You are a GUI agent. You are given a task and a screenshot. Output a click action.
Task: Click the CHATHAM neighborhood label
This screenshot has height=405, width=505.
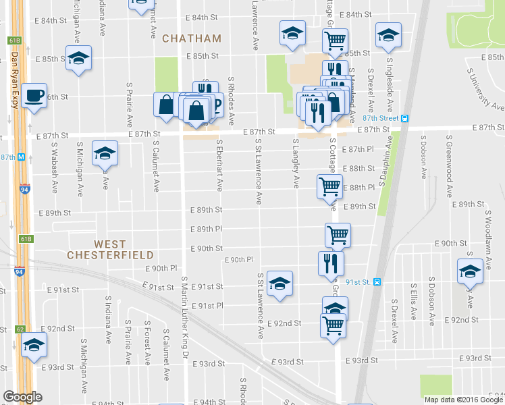[x=192, y=38]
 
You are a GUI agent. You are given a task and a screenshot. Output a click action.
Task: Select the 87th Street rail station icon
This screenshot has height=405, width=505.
[x=404, y=118]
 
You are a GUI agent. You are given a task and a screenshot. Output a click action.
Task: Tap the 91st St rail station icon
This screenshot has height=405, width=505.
[x=377, y=282]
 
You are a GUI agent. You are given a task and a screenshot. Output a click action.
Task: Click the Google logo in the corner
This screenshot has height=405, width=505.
[x=22, y=397]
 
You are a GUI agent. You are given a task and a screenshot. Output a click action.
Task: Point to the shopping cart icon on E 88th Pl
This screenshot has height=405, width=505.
[x=329, y=186]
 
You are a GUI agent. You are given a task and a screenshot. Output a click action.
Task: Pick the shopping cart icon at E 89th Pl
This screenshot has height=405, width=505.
[x=338, y=235]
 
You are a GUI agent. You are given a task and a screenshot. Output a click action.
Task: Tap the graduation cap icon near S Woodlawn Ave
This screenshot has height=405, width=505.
[x=471, y=271]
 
